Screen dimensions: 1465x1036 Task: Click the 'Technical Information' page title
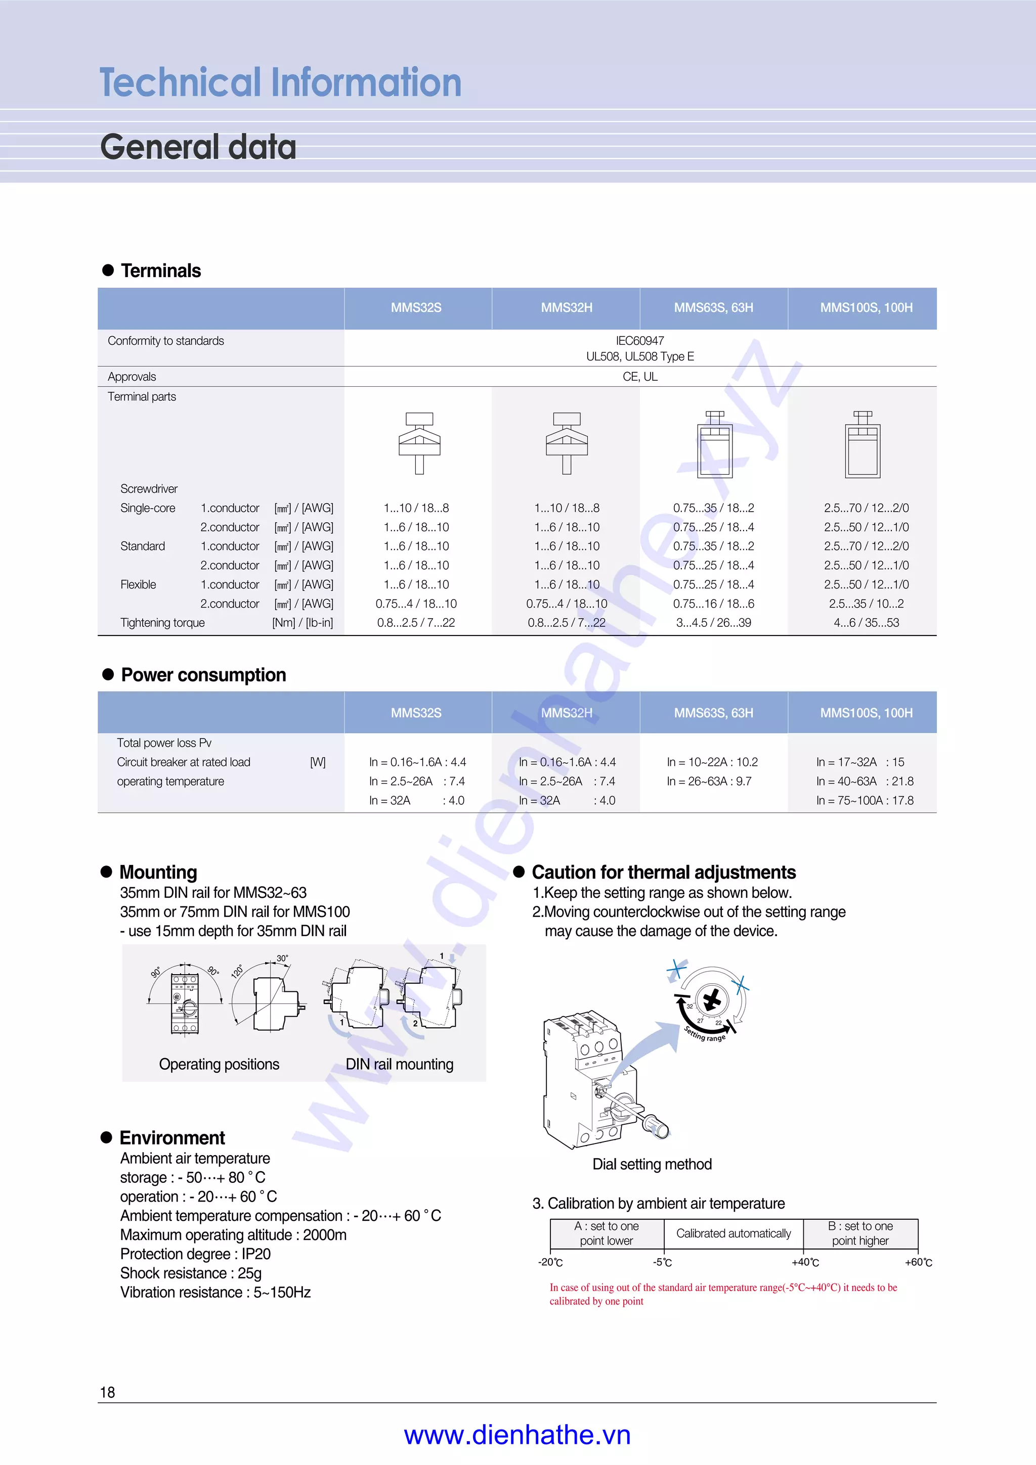click(x=280, y=83)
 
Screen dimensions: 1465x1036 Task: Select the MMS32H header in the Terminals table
click(x=566, y=307)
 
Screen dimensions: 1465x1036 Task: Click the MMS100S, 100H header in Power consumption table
click(x=866, y=713)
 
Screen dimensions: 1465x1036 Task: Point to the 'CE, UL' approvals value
click(x=639, y=377)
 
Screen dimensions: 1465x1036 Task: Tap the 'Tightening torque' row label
click(x=162, y=623)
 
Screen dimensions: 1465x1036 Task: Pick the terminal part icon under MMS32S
click(x=419, y=443)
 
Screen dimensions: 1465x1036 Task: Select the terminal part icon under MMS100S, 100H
click(x=862, y=445)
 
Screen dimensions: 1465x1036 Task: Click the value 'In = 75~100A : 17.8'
click(x=865, y=800)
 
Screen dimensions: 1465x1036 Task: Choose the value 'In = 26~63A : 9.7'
click(x=709, y=781)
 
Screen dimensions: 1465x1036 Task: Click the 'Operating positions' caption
click(x=219, y=1064)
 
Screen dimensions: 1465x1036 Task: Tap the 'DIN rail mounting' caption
click(x=399, y=1064)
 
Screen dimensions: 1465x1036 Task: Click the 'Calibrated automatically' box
click(x=733, y=1233)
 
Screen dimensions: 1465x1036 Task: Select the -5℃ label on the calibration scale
click(x=662, y=1262)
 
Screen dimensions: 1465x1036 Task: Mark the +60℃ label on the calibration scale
click(x=918, y=1262)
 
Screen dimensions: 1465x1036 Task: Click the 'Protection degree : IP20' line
click(x=195, y=1254)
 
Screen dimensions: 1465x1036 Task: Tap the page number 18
click(x=107, y=1392)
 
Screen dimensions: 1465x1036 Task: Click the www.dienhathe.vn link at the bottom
click(x=517, y=1435)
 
